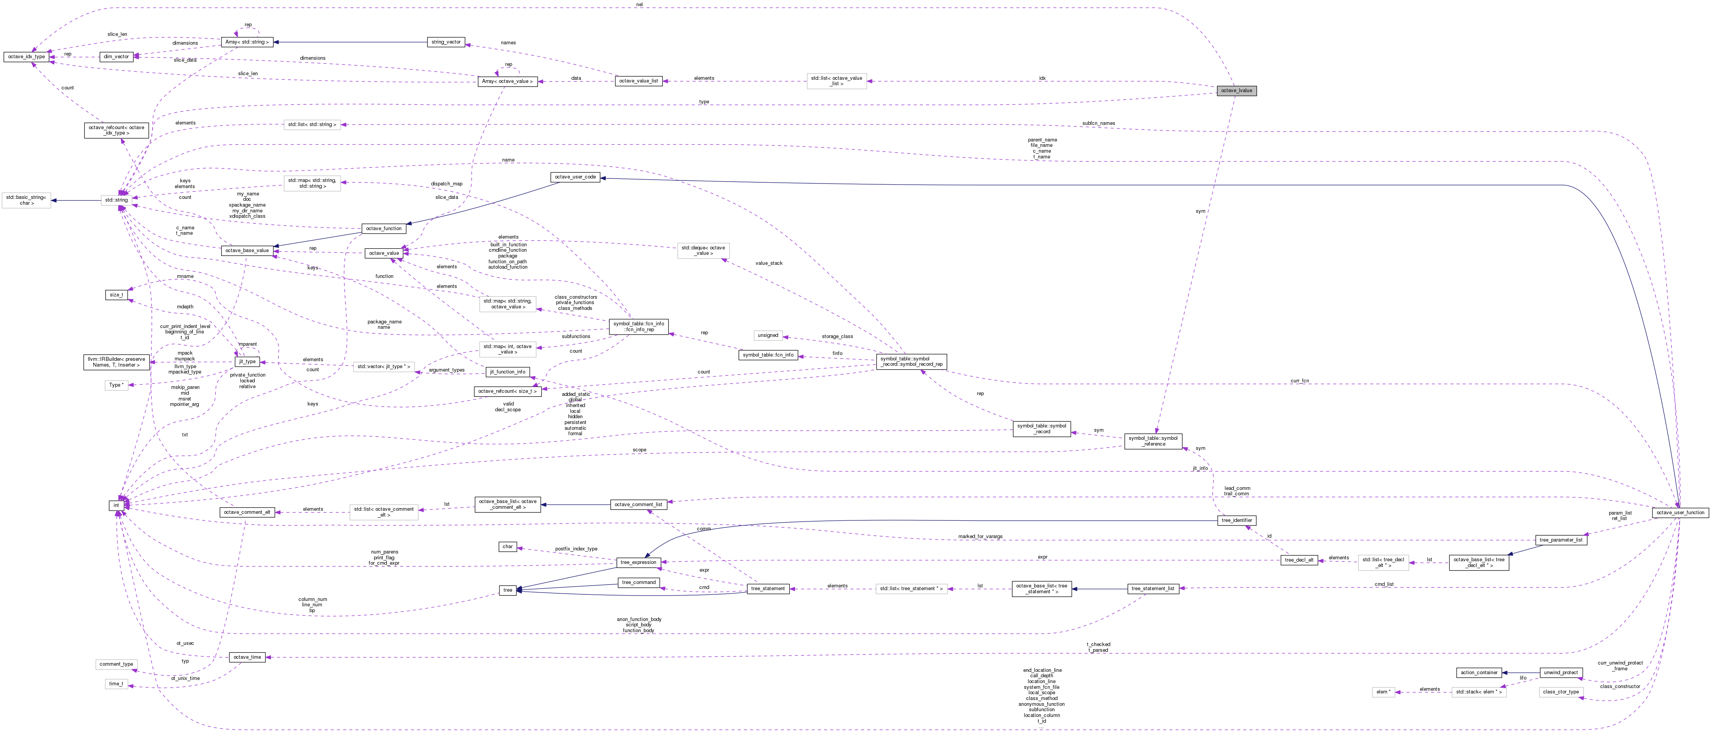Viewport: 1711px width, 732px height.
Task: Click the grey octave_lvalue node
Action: (1236, 90)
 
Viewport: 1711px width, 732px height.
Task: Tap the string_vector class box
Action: (446, 42)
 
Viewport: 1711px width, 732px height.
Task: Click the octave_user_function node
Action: (1680, 512)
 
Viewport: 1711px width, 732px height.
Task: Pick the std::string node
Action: (116, 200)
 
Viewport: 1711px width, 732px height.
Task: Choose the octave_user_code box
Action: (575, 177)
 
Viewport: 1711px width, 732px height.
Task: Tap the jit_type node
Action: (247, 362)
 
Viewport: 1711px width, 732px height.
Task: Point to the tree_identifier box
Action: (1236, 520)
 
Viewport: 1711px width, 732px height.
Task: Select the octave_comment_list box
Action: (638, 505)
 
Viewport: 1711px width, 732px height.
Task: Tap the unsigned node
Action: (768, 335)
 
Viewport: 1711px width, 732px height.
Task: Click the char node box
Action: (508, 547)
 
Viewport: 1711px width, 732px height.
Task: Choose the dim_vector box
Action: (116, 56)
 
